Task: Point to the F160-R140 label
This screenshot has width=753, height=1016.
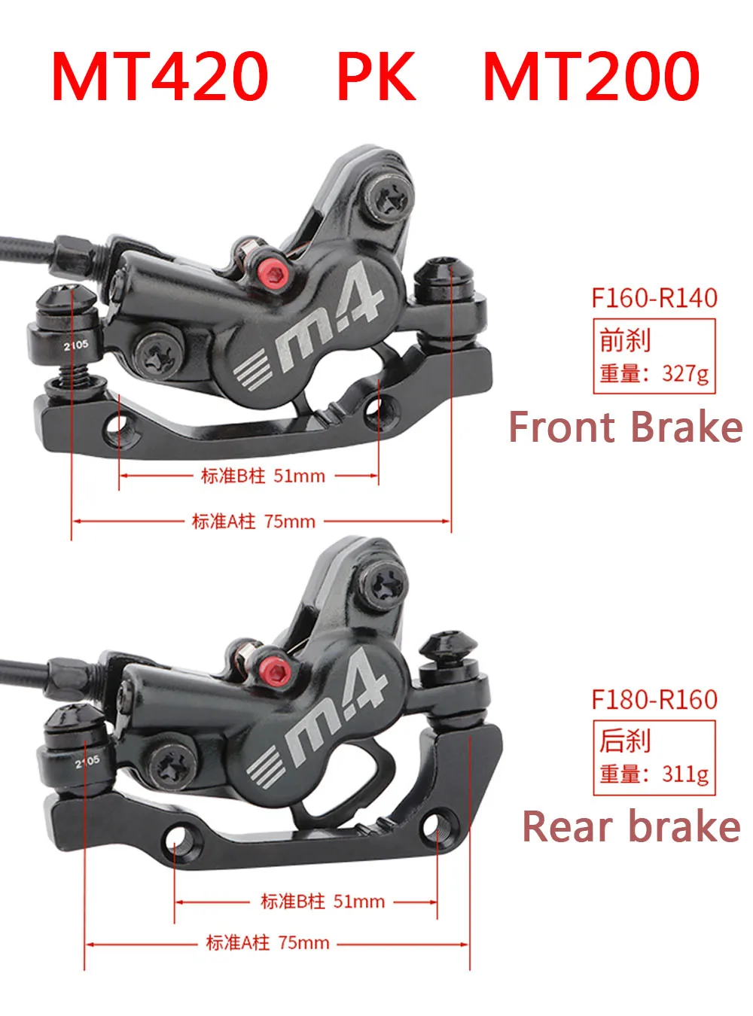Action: click(x=654, y=298)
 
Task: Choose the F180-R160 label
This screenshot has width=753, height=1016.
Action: click(x=654, y=699)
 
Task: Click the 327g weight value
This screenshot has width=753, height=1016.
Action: click(x=685, y=373)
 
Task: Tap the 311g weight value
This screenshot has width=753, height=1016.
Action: click(x=685, y=774)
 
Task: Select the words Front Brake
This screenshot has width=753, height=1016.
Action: click(x=626, y=427)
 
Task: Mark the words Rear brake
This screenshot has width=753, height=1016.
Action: click(x=631, y=826)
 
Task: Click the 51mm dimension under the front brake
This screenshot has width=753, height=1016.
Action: click(x=299, y=476)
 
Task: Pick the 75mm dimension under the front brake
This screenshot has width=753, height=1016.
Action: click(x=290, y=521)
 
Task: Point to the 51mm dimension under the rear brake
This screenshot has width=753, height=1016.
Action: click(x=359, y=901)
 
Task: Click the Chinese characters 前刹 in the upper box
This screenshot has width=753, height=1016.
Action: click(x=625, y=340)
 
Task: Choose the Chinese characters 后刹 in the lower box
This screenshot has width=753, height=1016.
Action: click(x=625, y=741)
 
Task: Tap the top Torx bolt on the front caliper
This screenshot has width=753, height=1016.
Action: click(x=391, y=198)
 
